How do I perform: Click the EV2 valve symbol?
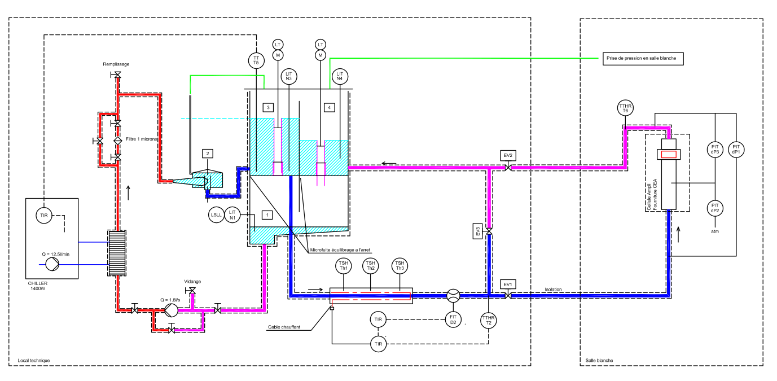pyautogui.click(x=508, y=168)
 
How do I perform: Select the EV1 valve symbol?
pyautogui.click(x=508, y=295)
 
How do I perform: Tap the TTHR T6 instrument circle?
pyautogui.click(x=625, y=108)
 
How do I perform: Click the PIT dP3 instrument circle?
pyautogui.click(x=715, y=149)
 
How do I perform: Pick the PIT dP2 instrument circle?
pyautogui.click(x=715, y=207)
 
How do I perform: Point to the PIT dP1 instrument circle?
pyautogui.click(x=736, y=149)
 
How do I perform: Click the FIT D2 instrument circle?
pyautogui.click(x=453, y=319)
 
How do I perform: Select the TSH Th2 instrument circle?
pyautogui.click(x=370, y=265)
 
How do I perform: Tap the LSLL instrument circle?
pyautogui.click(x=216, y=214)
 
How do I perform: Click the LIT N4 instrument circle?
pyautogui.click(x=339, y=76)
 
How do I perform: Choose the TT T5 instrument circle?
pyautogui.click(x=256, y=60)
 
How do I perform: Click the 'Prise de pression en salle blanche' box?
pyautogui.click(x=642, y=58)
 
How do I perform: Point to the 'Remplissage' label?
pyautogui.click(x=116, y=64)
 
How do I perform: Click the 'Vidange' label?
pyautogui.click(x=192, y=281)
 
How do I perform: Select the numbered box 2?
pyautogui.click(x=208, y=154)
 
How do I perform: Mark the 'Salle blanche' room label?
pyautogui.click(x=599, y=360)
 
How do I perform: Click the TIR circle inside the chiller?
pyautogui.click(x=43, y=215)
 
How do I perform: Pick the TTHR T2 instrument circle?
pyautogui.click(x=489, y=320)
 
